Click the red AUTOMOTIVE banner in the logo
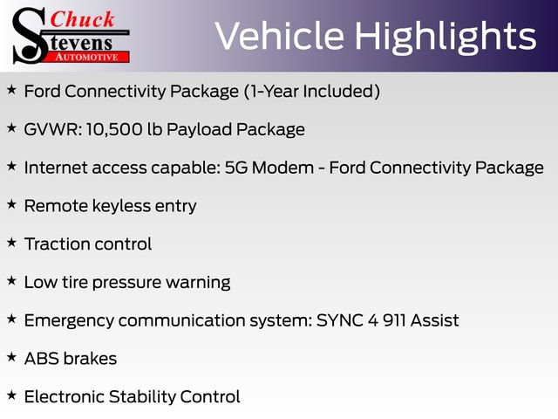click(x=86, y=55)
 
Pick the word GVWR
click(x=49, y=130)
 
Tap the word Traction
click(x=58, y=244)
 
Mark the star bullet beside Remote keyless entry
click(x=11, y=204)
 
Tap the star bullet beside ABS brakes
click(x=11, y=357)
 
